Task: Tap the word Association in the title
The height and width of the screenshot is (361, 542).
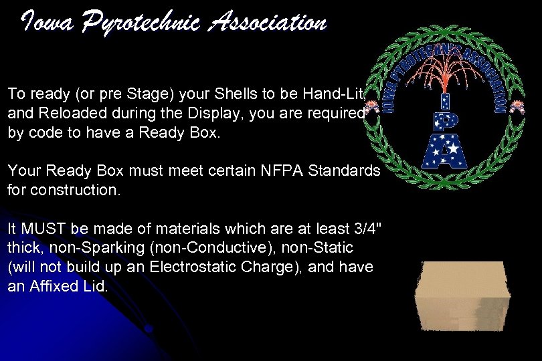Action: pyautogui.click(x=267, y=23)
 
